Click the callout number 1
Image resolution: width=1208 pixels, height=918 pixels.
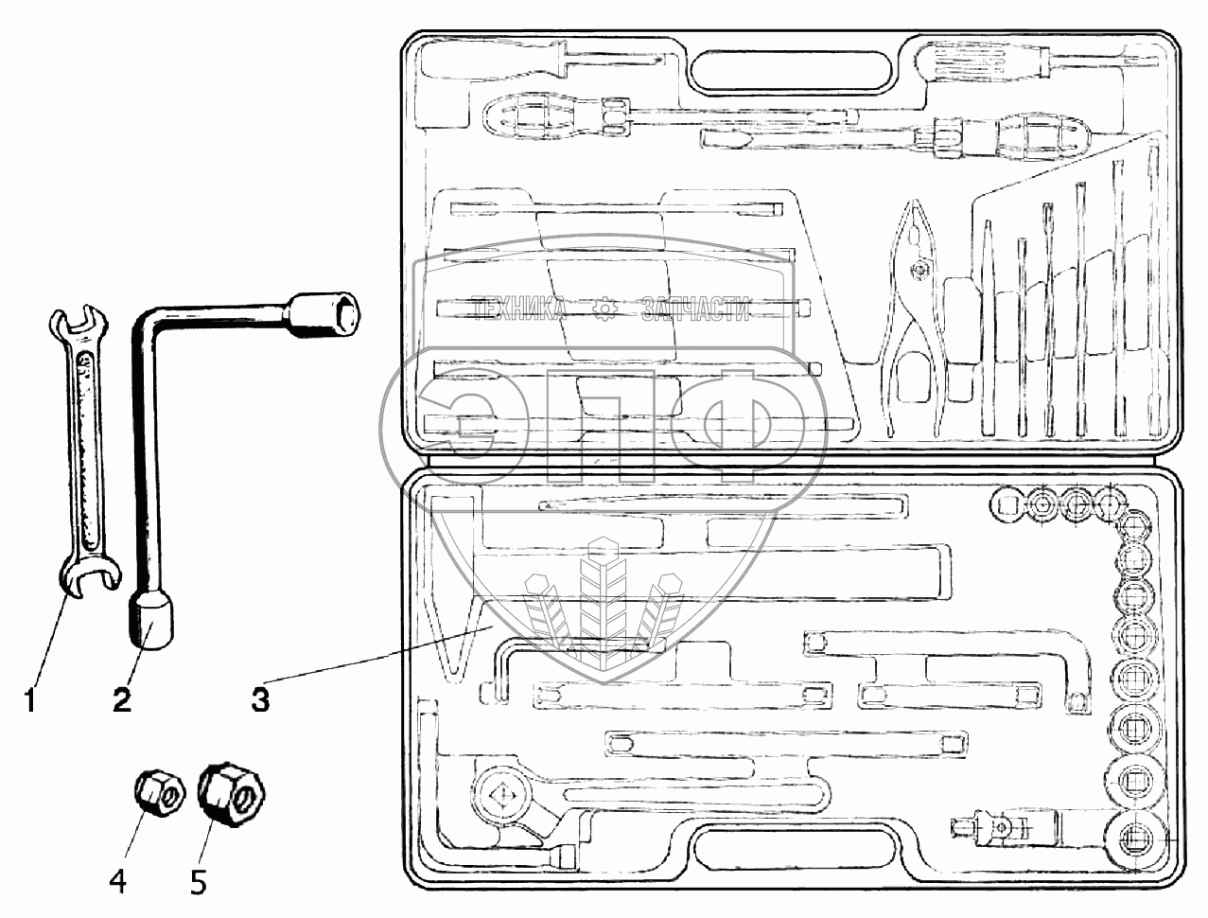coord(31,700)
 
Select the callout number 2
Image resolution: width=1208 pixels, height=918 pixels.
coord(122,700)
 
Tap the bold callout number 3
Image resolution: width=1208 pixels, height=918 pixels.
coord(260,700)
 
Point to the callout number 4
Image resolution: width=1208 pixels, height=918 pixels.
coord(118,882)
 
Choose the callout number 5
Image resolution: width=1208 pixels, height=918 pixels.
coord(198,882)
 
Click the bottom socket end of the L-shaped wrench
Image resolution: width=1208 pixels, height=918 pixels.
coord(150,623)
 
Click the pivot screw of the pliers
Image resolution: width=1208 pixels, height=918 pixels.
coord(918,269)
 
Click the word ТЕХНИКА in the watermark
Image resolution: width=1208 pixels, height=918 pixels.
coord(519,309)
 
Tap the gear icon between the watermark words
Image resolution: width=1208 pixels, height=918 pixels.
coord(604,309)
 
